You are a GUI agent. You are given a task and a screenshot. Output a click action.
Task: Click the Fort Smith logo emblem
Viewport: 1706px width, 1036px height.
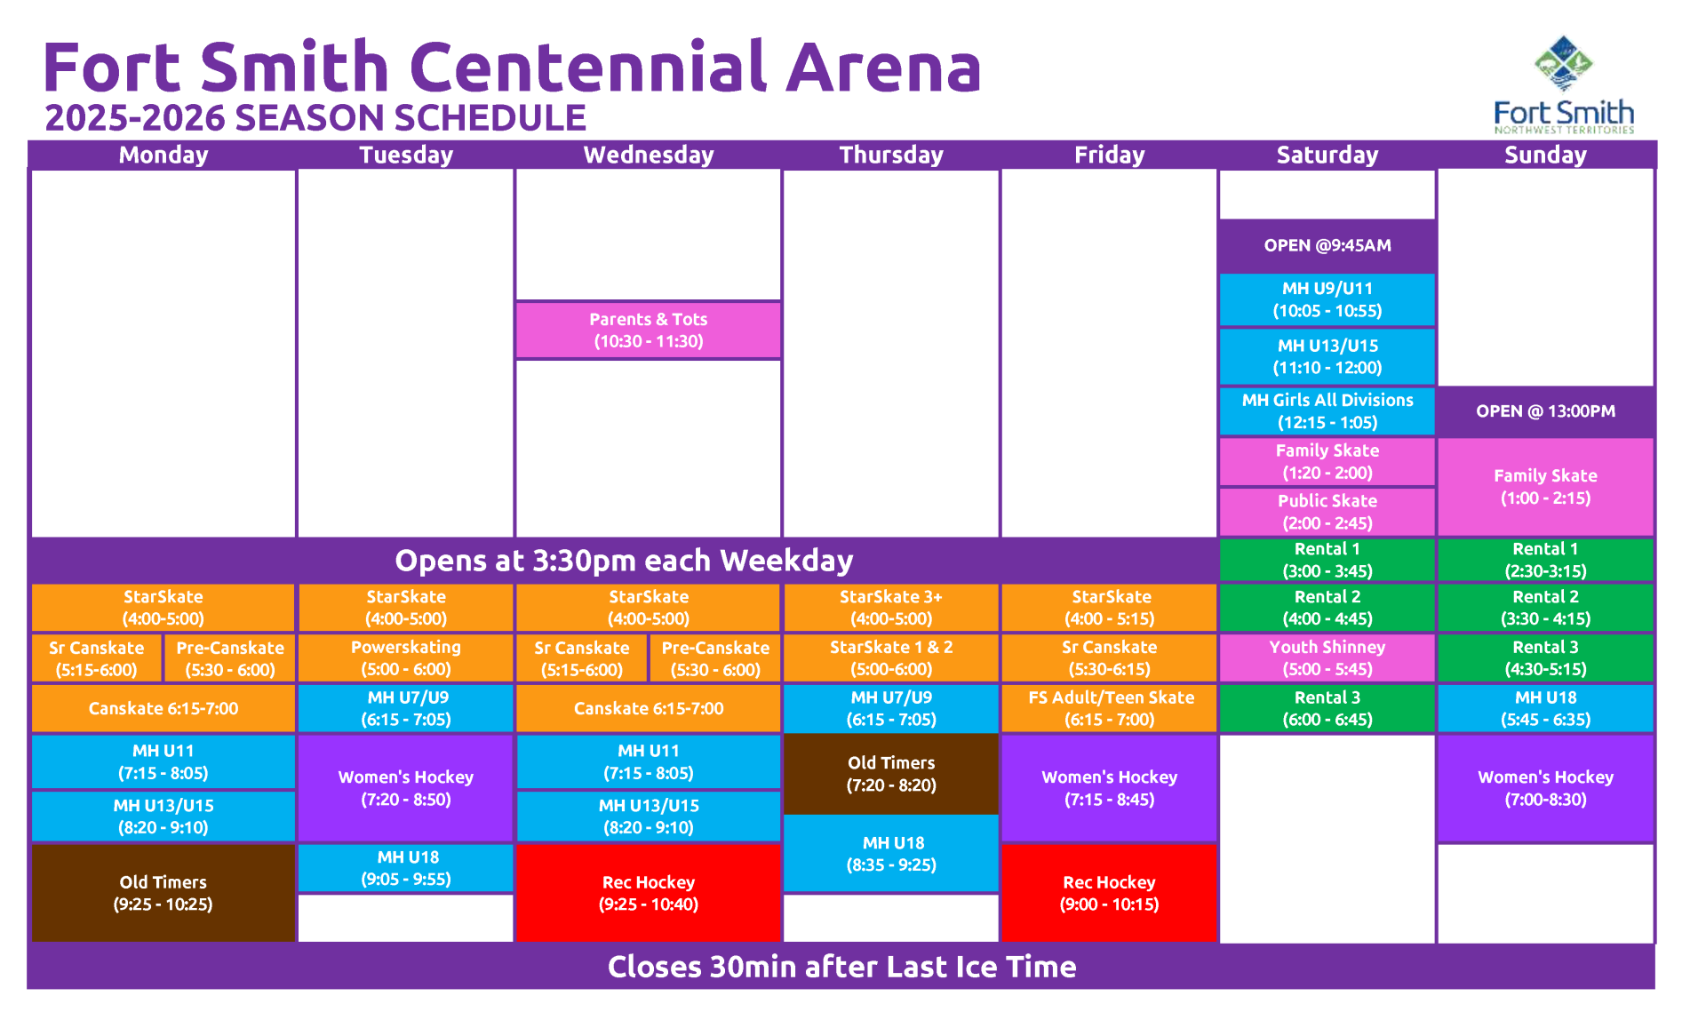(1564, 64)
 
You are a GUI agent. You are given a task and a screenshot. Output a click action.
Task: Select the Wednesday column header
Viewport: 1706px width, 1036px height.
(649, 155)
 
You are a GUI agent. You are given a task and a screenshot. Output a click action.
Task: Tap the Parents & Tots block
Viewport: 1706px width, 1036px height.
(649, 331)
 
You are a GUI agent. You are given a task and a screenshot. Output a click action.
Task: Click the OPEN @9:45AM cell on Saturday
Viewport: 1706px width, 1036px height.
(1327, 245)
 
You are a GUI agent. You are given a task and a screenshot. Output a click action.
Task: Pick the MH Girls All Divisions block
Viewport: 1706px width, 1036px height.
(1327, 411)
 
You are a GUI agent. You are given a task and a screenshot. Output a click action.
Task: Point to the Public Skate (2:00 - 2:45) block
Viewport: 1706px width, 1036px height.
(1327, 512)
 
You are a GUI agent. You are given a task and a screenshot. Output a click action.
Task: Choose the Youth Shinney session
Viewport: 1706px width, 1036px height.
(1327, 658)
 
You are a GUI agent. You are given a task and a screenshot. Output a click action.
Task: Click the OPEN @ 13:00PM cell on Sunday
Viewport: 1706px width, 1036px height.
(1546, 411)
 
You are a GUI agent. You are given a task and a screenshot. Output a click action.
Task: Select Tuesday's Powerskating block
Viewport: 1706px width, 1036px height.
(406, 658)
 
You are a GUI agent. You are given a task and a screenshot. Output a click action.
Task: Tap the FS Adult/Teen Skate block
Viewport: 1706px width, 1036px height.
(1110, 708)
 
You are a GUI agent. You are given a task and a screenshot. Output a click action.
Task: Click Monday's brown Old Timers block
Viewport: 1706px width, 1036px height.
(163, 893)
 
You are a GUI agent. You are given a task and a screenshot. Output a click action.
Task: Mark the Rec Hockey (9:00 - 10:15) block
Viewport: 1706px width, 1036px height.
(1110, 893)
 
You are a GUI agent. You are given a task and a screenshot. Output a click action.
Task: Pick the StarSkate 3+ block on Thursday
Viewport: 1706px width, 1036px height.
(891, 608)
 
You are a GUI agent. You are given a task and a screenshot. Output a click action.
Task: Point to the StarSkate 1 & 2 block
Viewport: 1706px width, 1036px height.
(891, 658)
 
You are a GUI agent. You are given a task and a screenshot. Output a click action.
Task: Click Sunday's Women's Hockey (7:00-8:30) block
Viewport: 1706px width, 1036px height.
(1546, 788)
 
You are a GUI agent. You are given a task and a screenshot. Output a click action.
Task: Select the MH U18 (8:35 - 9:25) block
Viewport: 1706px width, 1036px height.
(891, 854)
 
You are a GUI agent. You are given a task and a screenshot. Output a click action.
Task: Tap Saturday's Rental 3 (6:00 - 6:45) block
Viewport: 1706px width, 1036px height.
(1327, 708)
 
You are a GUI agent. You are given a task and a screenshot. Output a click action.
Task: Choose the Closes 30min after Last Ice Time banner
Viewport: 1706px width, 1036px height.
(841, 967)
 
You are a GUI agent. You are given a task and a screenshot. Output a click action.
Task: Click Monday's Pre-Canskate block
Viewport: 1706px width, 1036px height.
(230, 658)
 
